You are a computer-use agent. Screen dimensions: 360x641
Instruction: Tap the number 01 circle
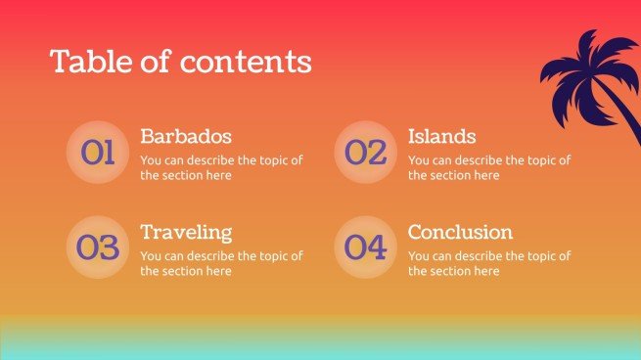point(98,152)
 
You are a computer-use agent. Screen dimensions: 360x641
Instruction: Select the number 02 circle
point(365,152)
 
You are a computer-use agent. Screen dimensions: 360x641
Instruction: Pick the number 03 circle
point(98,247)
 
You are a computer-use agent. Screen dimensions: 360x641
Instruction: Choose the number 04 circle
point(365,247)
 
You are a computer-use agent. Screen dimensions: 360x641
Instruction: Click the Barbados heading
point(186,136)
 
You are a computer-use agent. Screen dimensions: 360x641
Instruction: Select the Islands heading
point(441,136)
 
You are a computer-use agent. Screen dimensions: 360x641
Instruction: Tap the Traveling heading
point(186,232)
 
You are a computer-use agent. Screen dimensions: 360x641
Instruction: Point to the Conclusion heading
point(460,232)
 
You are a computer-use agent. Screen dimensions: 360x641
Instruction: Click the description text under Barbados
point(221,167)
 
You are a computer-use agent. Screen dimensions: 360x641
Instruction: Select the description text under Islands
point(488,167)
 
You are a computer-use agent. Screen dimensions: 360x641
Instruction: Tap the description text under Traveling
point(221,263)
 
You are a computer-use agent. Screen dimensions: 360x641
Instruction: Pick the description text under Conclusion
point(488,263)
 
